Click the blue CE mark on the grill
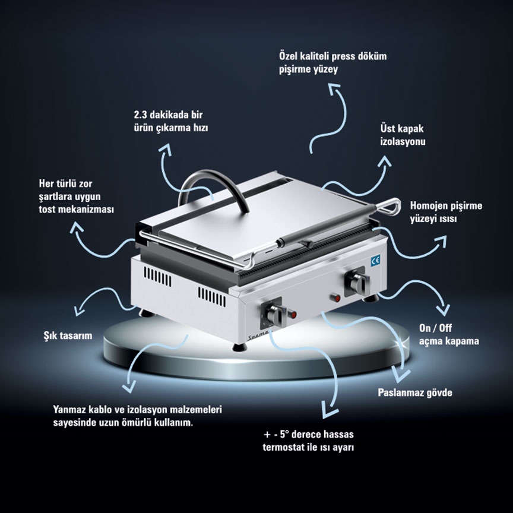(x=375, y=261)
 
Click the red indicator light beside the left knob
(x=292, y=315)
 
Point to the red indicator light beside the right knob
(x=335, y=298)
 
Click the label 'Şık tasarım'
(x=68, y=335)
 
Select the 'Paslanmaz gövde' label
(x=415, y=392)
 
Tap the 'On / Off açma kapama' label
(x=449, y=334)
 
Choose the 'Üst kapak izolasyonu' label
(x=403, y=135)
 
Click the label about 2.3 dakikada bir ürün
(x=171, y=121)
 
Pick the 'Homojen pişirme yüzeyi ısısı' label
(x=446, y=212)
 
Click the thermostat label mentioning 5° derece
(x=309, y=441)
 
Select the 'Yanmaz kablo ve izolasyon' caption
(x=137, y=416)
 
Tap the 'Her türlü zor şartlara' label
(x=76, y=197)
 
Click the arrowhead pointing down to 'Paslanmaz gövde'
(x=401, y=373)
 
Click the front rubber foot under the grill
(x=240, y=347)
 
